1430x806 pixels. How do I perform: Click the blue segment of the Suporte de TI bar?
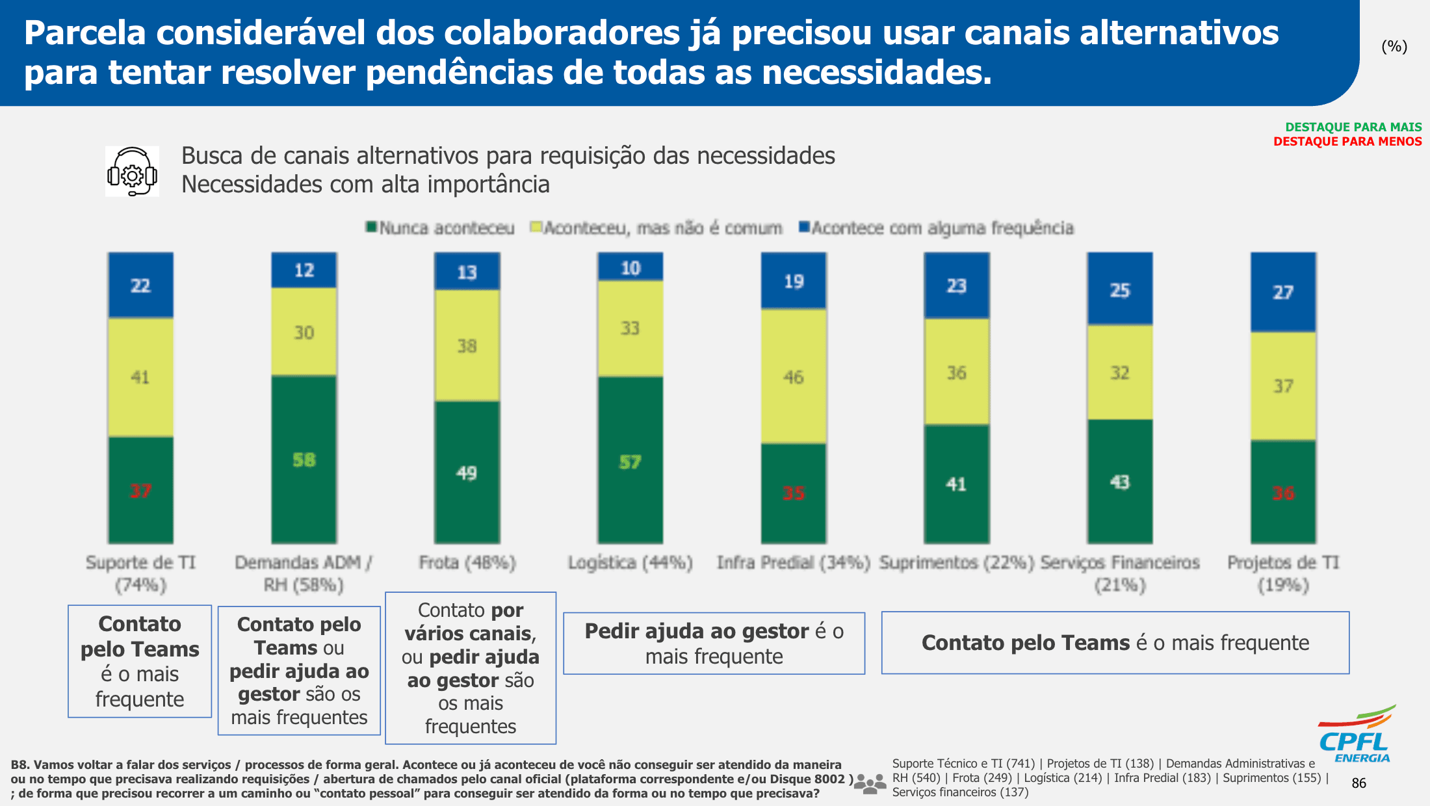[140, 285]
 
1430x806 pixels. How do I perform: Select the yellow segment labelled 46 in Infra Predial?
[794, 376]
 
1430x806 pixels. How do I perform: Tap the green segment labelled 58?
[304, 460]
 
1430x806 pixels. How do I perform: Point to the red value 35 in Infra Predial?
[794, 493]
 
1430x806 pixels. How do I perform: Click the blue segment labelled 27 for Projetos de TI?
[1283, 292]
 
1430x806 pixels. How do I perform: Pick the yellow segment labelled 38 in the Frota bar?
[467, 346]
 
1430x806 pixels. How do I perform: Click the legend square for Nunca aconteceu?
[371, 227]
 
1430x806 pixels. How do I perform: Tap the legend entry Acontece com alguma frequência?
[936, 227]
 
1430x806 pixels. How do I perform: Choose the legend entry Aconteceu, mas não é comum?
[656, 227]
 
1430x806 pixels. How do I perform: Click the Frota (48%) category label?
[467, 562]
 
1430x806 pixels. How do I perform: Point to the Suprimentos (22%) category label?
[956, 562]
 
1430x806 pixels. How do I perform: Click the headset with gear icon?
[132, 172]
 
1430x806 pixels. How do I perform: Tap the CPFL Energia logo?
[1356, 734]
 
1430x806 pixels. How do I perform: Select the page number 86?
[1359, 783]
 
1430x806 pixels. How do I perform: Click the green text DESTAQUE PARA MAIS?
[1353, 127]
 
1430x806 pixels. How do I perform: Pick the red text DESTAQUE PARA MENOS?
[1347, 142]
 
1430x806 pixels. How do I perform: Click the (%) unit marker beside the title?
[1394, 46]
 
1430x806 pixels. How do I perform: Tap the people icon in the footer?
[870, 784]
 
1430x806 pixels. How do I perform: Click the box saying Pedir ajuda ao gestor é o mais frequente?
[714, 643]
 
